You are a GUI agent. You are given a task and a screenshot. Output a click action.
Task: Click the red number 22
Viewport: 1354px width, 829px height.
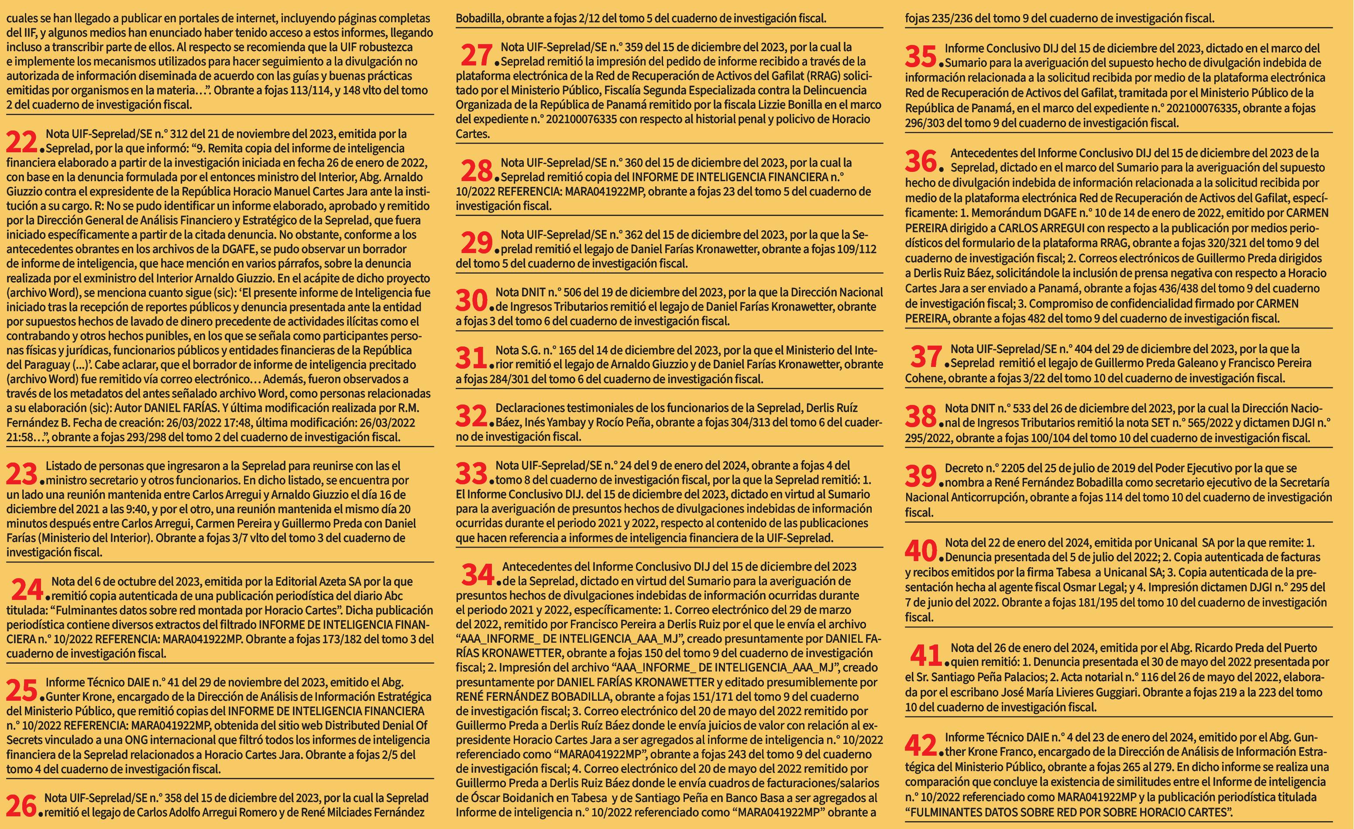(21, 143)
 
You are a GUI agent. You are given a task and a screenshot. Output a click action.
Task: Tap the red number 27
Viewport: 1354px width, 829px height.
(475, 56)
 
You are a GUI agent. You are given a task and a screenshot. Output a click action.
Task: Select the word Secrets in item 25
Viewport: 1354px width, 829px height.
(23, 740)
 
